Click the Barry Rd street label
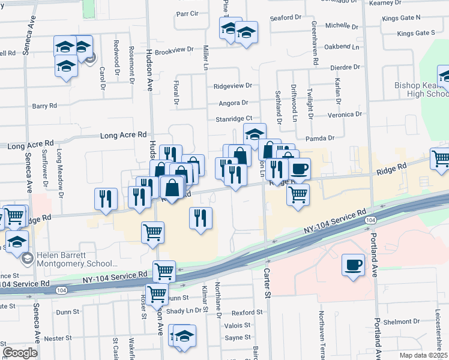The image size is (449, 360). (x=44, y=106)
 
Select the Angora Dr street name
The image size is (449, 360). (x=234, y=103)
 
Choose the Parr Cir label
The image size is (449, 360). (x=187, y=13)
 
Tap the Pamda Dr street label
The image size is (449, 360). (x=319, y=139)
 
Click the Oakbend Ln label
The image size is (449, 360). (x=342, y=46)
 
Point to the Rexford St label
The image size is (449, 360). (x=247, y=313)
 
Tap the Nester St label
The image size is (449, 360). (x=58, y=338)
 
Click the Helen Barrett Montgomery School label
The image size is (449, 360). (x=76, y=259)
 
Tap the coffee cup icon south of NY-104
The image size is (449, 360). (x=353, y=265)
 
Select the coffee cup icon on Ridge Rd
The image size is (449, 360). (x=299, y=169)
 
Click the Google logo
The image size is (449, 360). (x=20, y=353)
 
